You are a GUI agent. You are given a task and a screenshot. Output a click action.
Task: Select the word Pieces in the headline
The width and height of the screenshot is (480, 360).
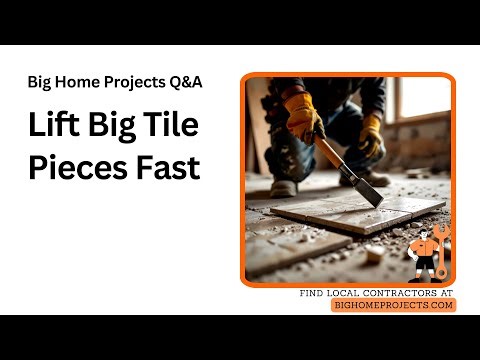coord(74,167)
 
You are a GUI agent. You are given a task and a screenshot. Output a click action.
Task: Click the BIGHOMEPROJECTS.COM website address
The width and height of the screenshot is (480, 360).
coord(393,305)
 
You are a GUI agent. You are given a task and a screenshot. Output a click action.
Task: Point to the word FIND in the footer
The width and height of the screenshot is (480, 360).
coord(314,292)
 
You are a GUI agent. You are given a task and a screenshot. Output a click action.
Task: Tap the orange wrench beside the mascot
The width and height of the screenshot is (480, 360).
coord(443,250)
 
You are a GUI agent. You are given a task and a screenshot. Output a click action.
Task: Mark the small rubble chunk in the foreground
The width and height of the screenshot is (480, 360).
coord(373,254)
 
